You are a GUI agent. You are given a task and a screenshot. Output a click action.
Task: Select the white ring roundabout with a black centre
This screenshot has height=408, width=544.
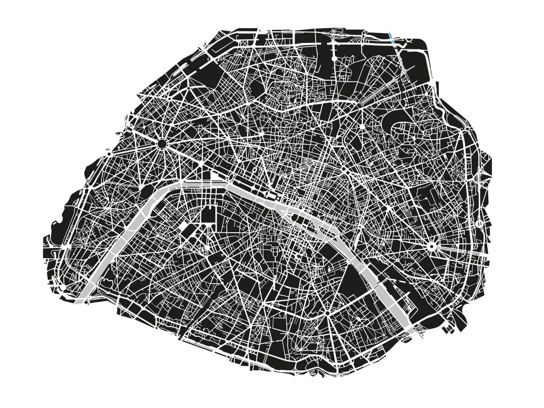coord(432,246)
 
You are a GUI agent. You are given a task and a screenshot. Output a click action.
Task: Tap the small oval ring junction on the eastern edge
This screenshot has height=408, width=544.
coord(480,224)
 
